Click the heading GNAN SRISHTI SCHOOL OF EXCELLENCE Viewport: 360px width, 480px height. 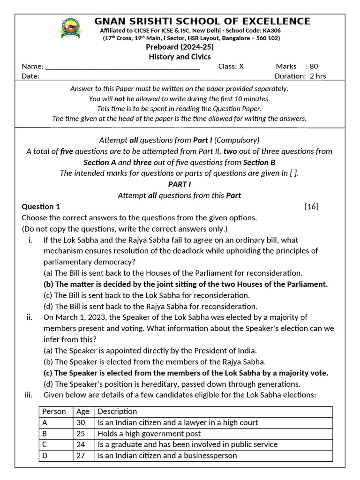coord(202,21)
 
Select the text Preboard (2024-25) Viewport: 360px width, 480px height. coord(180,47)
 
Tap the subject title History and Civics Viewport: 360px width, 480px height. coord(180,57)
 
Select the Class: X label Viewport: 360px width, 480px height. coord(231,67)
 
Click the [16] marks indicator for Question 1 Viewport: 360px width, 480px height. coord(311,207)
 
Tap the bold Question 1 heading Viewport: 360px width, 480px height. coord(41,207)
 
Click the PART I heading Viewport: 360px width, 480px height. coord(180,184)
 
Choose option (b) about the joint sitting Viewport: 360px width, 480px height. coord(186,284)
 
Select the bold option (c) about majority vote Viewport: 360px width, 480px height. coord(186,373)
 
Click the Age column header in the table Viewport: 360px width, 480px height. coord(82,412)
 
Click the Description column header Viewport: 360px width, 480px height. coord(117,412)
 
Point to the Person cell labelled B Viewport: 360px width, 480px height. coord(45,434)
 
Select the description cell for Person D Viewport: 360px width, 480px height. coord(167,456)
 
